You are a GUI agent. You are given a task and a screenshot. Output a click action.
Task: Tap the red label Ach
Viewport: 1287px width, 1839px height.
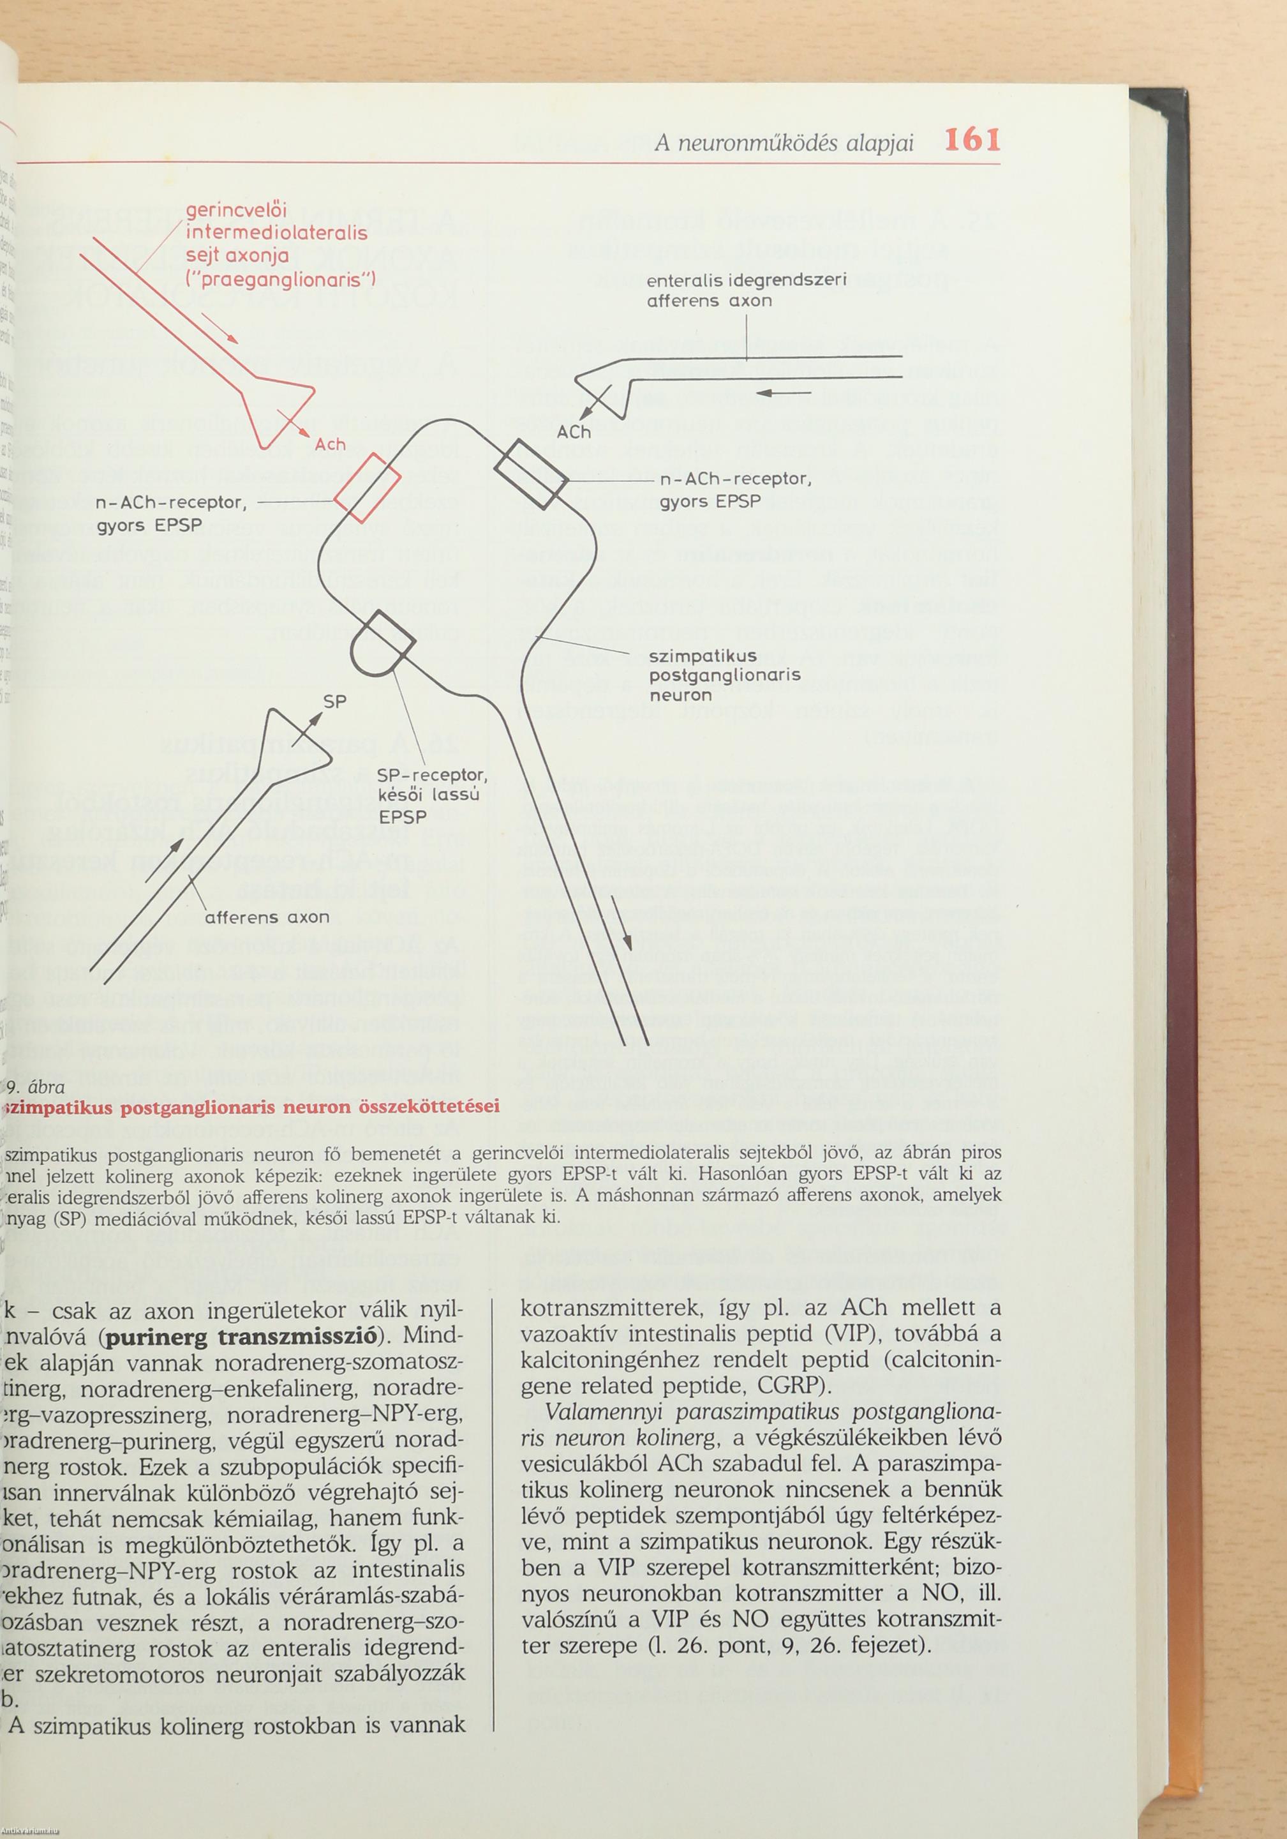click(x=330, y=443)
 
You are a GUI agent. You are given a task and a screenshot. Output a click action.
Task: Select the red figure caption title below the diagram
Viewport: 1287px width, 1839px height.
click(x=252, y=1107)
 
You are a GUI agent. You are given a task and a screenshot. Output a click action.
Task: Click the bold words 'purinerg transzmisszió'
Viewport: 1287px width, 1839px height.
click(x=241, y=1337)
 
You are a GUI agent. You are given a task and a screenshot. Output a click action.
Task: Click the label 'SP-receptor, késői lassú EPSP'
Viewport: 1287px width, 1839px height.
click(x=433, y=795)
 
